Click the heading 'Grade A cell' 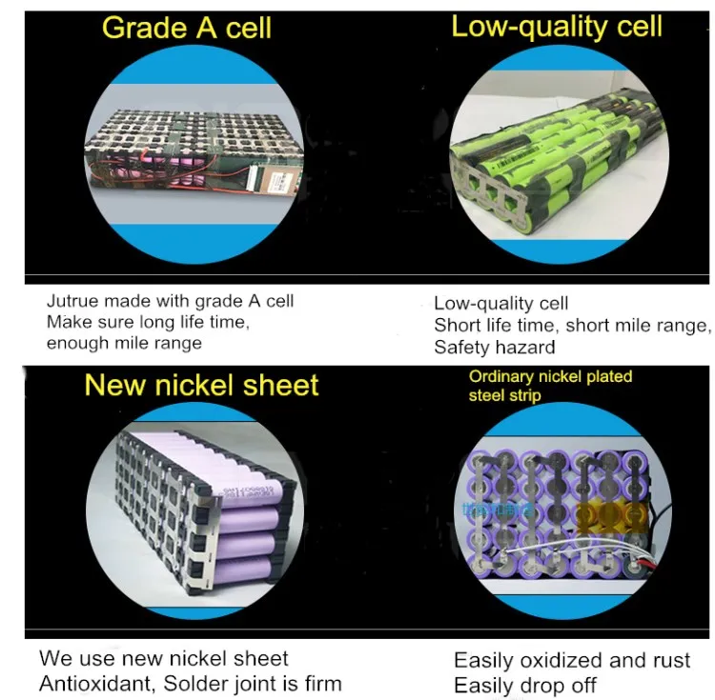coord(187,28)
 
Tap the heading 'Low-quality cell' coord(557,27)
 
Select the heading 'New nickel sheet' coord(201,386)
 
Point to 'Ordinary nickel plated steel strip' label coord(550,386)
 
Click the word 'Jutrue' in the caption coord(72,301)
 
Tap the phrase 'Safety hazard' coord(495,348)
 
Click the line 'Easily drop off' coord(525,686)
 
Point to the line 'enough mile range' coord(124,343)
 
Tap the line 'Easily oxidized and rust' coord(572,660)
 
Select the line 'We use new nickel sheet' coord(164,658)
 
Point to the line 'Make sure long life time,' coord(148,322)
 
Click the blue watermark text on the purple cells coord(498,510)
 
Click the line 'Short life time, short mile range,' coord(572,326)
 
